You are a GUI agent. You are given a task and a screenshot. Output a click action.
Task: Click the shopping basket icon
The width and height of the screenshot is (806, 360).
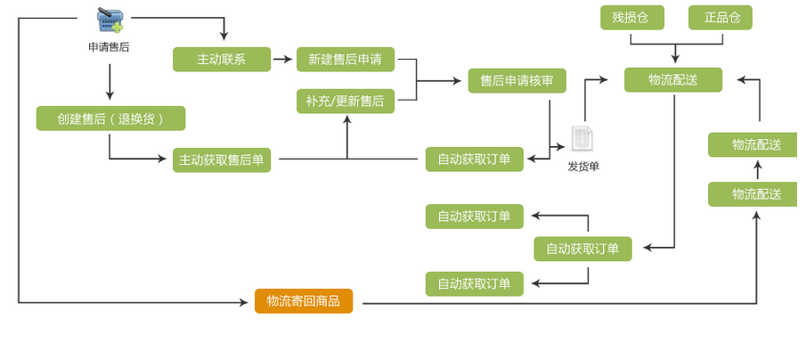tap(110, 20)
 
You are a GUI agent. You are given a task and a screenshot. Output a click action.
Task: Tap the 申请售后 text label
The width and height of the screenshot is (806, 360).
tap(109, 46)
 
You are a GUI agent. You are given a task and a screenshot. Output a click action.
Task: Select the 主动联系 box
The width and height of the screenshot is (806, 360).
tap(221, 60)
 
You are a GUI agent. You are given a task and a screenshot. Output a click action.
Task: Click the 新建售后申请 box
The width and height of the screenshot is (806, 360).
tap(345, 60)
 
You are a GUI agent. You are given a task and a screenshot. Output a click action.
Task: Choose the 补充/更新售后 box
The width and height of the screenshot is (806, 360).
tap(345, 102)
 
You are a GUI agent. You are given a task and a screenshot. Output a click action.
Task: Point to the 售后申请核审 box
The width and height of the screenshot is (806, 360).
tap(517, 81)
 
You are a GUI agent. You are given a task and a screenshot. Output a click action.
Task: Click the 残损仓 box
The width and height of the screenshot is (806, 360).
tap(631, 18)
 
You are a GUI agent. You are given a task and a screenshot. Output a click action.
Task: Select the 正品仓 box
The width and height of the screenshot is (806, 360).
tap(720, 18)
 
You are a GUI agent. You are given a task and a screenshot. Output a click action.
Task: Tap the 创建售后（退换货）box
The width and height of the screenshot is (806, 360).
tap(110, 119)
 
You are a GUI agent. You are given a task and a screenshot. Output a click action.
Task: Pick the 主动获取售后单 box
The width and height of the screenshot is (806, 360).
tap(221, 160)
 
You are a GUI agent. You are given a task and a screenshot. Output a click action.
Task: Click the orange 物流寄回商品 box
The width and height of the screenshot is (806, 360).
tap(303, 301)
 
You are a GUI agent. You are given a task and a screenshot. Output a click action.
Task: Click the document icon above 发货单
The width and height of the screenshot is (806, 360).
tap(582, 139)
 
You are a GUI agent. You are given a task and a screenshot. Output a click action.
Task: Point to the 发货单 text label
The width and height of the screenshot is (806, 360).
tap(583, 167)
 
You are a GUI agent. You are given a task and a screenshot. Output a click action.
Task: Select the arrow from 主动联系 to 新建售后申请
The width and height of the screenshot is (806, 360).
tap(282, 60)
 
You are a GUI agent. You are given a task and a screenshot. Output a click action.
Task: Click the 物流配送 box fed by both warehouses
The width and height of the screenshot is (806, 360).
tap(672, 80)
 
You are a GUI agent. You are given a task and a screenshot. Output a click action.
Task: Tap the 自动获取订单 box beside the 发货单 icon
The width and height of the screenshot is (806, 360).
tap(474, 160)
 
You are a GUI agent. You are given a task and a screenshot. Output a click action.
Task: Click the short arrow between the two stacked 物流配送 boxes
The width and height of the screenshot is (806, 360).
tap(757, 169)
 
